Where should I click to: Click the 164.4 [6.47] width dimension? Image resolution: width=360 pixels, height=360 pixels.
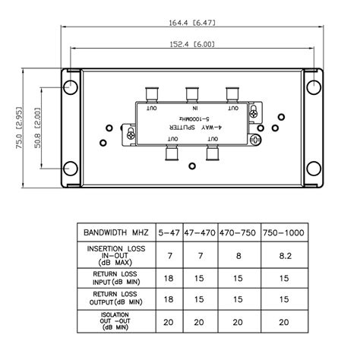pyautogui.click(x=192, y=23)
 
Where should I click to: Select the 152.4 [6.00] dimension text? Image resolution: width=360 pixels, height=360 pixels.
pyautogui.click(x=192, y=44)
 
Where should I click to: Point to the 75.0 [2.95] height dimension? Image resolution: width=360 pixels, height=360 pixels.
pyautogui.click(x=19, y=128)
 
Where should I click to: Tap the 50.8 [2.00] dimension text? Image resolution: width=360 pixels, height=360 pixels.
pyautogui.click(x=37, y=128)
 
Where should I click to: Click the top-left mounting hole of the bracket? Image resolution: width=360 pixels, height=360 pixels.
pyautogui.click(x=71, y=87)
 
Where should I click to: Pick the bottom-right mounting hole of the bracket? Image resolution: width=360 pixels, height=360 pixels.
pyautogui.click(x=314, y=169)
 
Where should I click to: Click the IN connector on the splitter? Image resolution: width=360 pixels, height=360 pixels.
pyautogui.click(x=192, y=95)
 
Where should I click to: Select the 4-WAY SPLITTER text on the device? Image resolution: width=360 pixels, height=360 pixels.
pyautogui.click(x=195, y=128)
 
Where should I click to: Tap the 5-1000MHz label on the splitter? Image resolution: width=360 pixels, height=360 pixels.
pyautogui.click(x=194, y=118)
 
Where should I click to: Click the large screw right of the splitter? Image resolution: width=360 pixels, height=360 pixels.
pyautogui.click(x=255, y=140)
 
